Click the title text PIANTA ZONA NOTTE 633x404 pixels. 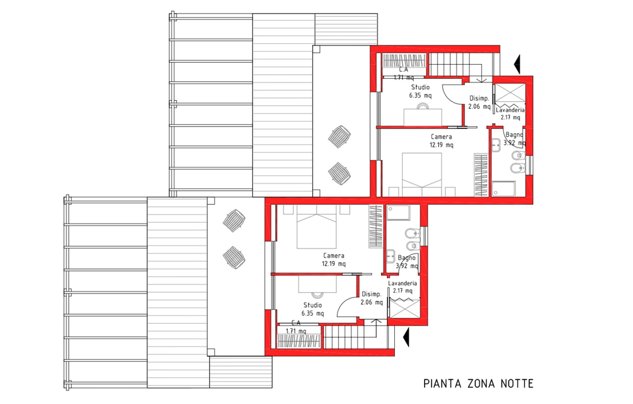click(478, 384)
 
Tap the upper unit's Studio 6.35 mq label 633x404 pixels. click(420, 91)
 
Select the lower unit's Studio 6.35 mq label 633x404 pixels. click(313, 309)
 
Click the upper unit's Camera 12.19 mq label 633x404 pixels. click(442, 141)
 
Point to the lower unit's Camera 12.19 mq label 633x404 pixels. click(334, 259)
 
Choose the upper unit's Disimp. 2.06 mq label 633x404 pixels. click(479, 102)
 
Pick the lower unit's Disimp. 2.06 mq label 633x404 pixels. click(372, 298)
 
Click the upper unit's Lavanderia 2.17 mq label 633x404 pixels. click(510, 113)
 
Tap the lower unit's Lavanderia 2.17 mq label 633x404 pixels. click(402, 287)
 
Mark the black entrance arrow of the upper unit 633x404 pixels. click(518, 64)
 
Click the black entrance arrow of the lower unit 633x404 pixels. click(407, 337)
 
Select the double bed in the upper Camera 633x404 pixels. click(422, 175)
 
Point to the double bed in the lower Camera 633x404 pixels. click(316, 226)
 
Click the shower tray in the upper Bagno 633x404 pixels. click(503, 189)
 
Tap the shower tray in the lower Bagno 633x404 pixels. click(398, 212)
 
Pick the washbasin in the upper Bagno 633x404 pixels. click(496, 145)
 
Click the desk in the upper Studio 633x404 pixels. click(423, 117)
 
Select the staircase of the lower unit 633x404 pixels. click(358, 337)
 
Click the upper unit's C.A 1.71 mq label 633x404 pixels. click(404, 73)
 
